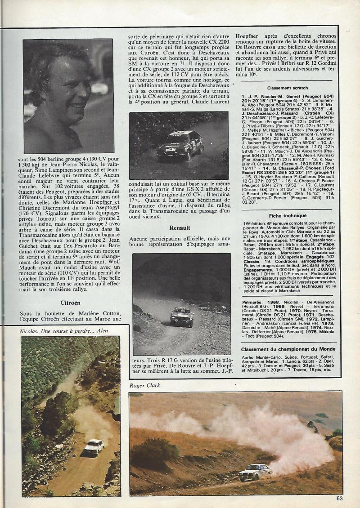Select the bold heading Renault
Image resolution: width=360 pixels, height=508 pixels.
[x=179, y=228]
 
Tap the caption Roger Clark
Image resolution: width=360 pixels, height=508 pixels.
[x=145, y=385]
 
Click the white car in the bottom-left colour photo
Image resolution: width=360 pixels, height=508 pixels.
[x=93, y=447]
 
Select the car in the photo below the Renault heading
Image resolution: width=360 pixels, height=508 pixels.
[x=182, y=316]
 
